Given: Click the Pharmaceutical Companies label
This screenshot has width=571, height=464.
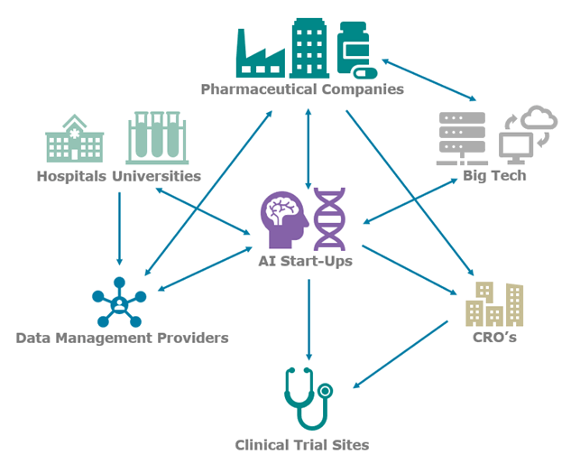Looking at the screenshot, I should (301, 89).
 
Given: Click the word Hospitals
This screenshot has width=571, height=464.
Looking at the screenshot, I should (71, 176).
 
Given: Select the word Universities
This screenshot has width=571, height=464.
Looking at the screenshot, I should (156, 176).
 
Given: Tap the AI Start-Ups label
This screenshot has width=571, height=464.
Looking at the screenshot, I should (305, 262).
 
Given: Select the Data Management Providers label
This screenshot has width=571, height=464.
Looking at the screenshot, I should (122, 338).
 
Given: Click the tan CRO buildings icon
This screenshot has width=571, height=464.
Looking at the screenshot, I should (494, 303).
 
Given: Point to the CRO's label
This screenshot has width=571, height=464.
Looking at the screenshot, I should (493, 339).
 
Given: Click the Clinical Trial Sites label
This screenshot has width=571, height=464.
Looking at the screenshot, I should (302, 444).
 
